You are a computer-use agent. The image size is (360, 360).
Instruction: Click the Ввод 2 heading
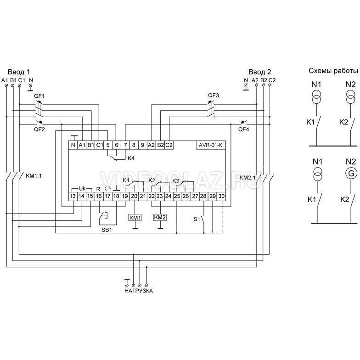click(259, 72)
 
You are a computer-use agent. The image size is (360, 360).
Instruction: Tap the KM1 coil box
click(135, 217)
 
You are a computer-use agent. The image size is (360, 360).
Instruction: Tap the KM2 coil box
click(160, 217)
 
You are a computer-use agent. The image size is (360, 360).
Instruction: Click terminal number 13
click(73, 197)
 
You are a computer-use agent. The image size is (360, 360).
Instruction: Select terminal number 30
click(221, 197)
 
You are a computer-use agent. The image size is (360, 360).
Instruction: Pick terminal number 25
click(177, 197)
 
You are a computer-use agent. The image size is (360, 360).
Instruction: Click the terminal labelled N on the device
click(73, 145)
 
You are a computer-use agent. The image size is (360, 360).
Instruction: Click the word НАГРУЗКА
click(138, 291)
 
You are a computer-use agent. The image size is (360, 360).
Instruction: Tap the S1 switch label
click(197, 219)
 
